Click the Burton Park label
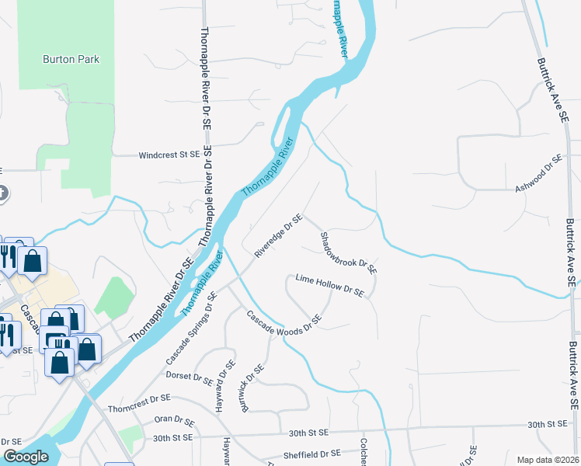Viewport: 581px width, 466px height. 71,59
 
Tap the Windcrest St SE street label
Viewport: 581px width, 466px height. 169,155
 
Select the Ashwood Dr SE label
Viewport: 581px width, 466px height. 538,174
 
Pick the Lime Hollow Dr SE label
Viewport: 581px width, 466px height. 329,285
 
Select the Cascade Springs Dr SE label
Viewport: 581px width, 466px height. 190,334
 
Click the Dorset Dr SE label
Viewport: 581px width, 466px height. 190,379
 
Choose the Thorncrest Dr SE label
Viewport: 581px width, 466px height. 139,399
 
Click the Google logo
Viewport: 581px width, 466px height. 26,457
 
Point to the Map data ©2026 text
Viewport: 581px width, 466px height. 548,460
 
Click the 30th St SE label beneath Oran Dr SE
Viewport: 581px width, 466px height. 172,439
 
